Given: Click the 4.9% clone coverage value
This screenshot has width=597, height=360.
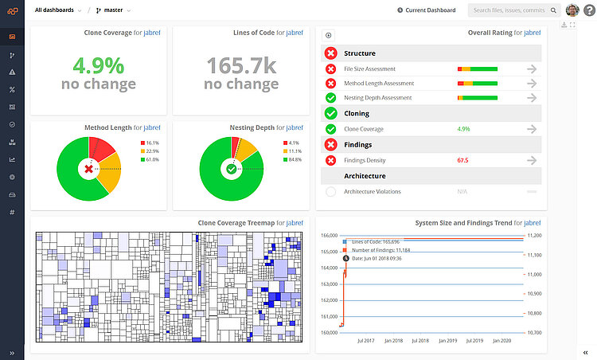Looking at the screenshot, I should point(98,65).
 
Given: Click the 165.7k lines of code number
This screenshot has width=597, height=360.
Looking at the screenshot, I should point(240,65).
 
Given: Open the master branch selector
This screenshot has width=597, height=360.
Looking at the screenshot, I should point(112,10).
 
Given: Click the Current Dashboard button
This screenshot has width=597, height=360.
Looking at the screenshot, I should point(427,10).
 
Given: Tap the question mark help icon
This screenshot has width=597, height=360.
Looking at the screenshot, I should point(588,10).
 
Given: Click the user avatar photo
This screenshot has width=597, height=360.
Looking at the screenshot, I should point(572,10).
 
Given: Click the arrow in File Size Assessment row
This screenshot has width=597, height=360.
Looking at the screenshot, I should point(532,69).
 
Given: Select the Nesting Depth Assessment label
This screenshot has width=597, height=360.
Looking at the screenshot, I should point(377,98).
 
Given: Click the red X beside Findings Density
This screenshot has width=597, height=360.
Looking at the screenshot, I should point(330,160).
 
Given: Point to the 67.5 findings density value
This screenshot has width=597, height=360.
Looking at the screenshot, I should point(462,160).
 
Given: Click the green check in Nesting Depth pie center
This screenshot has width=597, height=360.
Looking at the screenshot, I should point(232,169).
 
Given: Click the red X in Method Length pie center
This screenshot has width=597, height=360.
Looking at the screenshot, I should point(88,169).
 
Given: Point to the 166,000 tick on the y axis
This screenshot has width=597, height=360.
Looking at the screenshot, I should point(330,236).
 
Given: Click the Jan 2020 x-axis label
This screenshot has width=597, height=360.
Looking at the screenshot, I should point(502,340).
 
